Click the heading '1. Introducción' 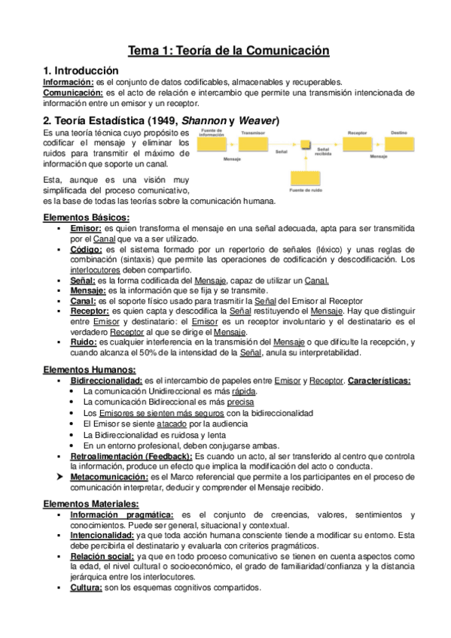[x=82, y=70]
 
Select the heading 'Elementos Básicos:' [x=87, y=217]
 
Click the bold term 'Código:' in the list [x=87, y=248]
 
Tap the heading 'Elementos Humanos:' [x=89, y=369]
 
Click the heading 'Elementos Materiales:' [x=90, y=503]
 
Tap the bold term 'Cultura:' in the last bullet [x=87, y=587]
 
